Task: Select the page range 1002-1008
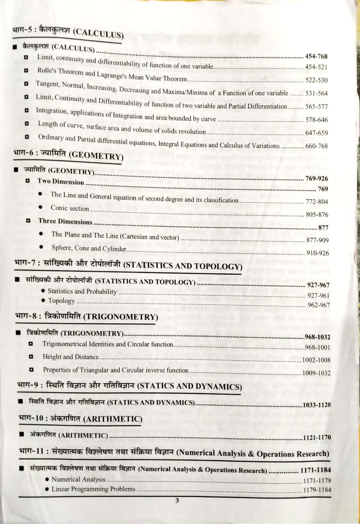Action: [x=316, y=360]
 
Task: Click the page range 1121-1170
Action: [x=317, y=438]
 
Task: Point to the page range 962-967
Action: [x=318, y=305]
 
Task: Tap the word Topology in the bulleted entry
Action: [x=61, y=301]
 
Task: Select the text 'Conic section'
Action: [x=70, y=208]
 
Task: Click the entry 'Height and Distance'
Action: [x=70, y=357]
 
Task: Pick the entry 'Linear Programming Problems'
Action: [x=93, y=489]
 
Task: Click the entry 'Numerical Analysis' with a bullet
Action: [x=78, y=479]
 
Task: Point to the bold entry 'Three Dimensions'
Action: [x=65, y=221]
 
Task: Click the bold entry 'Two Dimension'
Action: [x=61, y=181]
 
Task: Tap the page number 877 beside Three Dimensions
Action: [x=323, y=228]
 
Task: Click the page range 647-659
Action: [x=317, y=133]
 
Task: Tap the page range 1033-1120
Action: [x=317, y=405]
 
